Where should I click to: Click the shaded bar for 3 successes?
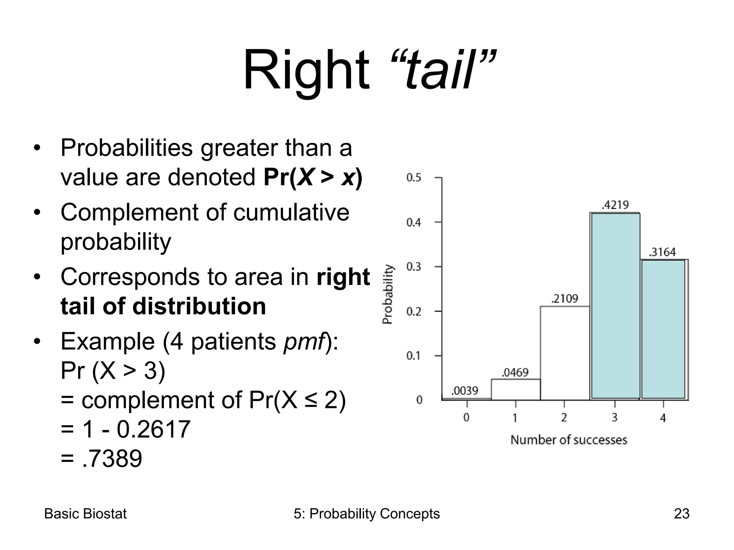point(615,306)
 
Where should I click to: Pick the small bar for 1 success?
point(515,390)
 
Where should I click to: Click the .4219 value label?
point(615,205)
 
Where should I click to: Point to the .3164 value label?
point(662,252)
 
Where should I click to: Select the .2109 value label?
point(565,298)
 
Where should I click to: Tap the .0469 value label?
point(515,372)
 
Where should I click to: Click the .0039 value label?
point(464,391)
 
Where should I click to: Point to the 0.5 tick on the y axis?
point(414,178)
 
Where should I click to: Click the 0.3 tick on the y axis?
point(414,267)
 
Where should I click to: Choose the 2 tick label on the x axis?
point(564,418)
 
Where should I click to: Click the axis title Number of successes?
point(569,440)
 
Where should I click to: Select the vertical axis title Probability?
point(388,294)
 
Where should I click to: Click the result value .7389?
point(112,459)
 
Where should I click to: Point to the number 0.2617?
point(154,429)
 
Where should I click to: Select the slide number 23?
point(681,514)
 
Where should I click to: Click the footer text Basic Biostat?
point(85,514)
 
